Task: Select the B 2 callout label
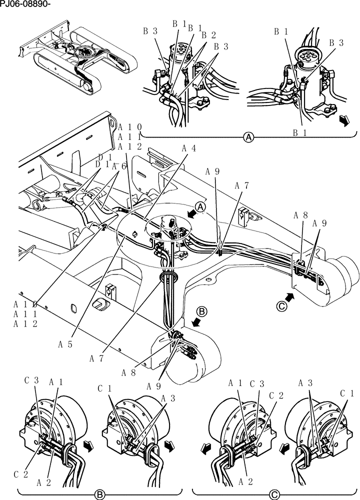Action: pos(209,35)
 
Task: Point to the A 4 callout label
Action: pos(188,148)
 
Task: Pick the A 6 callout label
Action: pos(118,166)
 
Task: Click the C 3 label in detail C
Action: pos(257,383)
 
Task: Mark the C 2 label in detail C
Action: pos(277,395)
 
